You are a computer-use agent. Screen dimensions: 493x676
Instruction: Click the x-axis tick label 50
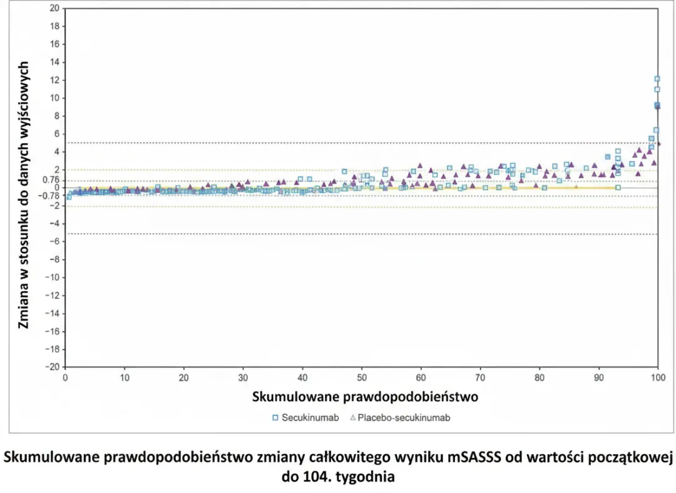(x=361, y=377)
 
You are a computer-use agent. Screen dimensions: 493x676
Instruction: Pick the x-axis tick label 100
(x=657, y=377)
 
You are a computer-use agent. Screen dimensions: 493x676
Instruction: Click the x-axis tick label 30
(x=243, y=377)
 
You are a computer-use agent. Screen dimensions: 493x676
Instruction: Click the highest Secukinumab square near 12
(x=657, y=79)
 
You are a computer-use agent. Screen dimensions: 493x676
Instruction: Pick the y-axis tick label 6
(x=56, y=134)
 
